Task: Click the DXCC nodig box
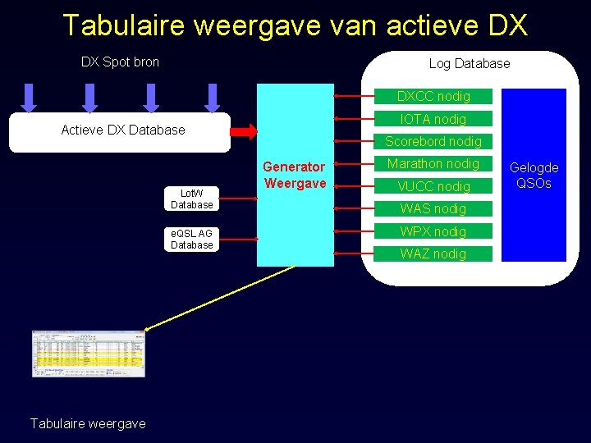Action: pos(433,96)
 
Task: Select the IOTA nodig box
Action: pos(433,119)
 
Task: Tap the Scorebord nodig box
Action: pos(433,141)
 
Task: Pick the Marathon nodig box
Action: pos(433,163)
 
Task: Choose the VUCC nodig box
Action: pos(433,186)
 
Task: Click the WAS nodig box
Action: pos(433,208)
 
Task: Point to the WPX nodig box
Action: pos(433,231)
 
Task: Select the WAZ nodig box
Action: pos(433,253)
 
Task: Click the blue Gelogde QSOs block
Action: pos(534,175)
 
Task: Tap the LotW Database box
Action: pos(192,199)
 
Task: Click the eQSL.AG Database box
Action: pos(192,239)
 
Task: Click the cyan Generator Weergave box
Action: pos(295,175)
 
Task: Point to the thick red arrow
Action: pos(244,130)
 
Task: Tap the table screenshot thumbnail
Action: pos(88,354)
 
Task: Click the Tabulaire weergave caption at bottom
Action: pos(88,423)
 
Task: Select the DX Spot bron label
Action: pos(120,62)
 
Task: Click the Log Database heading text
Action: pos(469,63)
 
